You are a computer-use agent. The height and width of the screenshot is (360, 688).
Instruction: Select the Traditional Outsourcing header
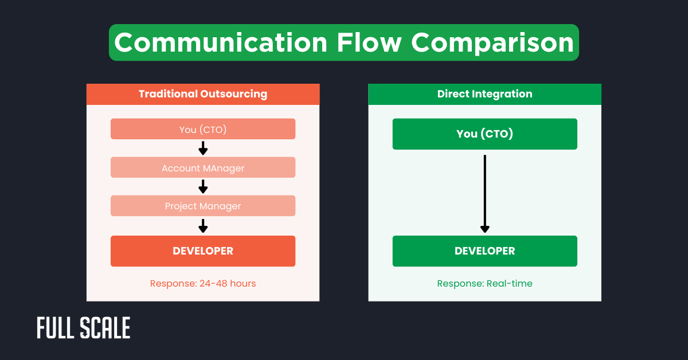click(x=203, y=94)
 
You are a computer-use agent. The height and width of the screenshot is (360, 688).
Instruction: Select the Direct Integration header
click(x=484, y=94)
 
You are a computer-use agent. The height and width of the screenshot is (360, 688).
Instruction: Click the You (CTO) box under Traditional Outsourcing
click(x=203, y=129)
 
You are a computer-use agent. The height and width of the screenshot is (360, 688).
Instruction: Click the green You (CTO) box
click(x=484, y=134)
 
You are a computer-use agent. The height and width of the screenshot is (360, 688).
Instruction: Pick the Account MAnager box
click(x=203, y=167)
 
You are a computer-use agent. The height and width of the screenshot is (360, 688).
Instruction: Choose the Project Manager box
click(x=203, y=206)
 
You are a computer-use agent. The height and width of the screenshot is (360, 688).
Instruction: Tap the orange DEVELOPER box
click(x=203, y=251)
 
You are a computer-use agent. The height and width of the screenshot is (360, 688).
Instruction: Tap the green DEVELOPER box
click(x=484, y=251)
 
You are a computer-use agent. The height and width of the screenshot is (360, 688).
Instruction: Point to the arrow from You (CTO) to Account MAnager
click(x=203, y=148)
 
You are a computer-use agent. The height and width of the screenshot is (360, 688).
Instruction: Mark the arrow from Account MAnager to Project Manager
click(x=203, y=187)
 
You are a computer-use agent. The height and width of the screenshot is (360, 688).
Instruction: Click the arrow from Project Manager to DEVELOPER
click(x=203, y=226)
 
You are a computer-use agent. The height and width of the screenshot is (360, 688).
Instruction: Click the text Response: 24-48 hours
click(x=203, y=283)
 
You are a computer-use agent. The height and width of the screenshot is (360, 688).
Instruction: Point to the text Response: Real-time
click(x=484, y=283)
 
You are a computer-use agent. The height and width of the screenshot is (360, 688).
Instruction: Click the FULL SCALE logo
click(x=84, y=328)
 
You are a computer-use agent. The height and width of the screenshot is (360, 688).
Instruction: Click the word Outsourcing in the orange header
click(x=233, y=94)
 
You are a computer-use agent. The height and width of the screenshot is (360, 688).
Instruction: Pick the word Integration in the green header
click(x=502, y=94)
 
